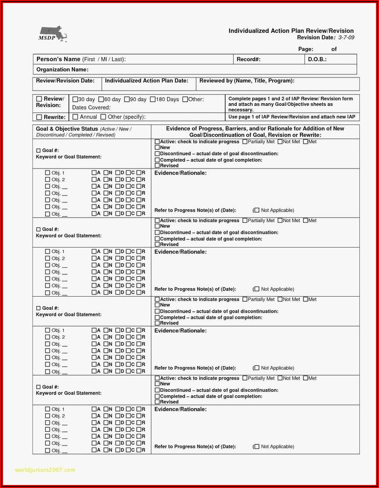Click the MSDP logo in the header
[x=52, y=33]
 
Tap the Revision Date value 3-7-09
[x=346, y=37]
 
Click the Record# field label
[x=248, y=60]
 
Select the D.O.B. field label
[x=317, y=60]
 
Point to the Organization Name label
[x=62, y=70]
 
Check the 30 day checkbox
[x=75, y=100]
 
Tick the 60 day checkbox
[x=101, y=100]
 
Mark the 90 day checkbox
[x=127, y=100]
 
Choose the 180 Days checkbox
[x=153, y=100]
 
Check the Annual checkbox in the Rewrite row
[x=75, y=117]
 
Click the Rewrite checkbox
[x=39, y=117]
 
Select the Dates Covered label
[x=91, y=108]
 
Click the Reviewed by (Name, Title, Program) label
[x=247, y=81]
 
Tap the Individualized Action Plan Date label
[x=146, y=81]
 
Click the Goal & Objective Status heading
[x=67, y=129]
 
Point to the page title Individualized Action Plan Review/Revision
[x=291, y=31]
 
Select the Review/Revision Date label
[x=65, y=81]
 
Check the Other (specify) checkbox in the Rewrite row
[x=103, y=117]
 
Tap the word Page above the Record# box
[x=305, y=49]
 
